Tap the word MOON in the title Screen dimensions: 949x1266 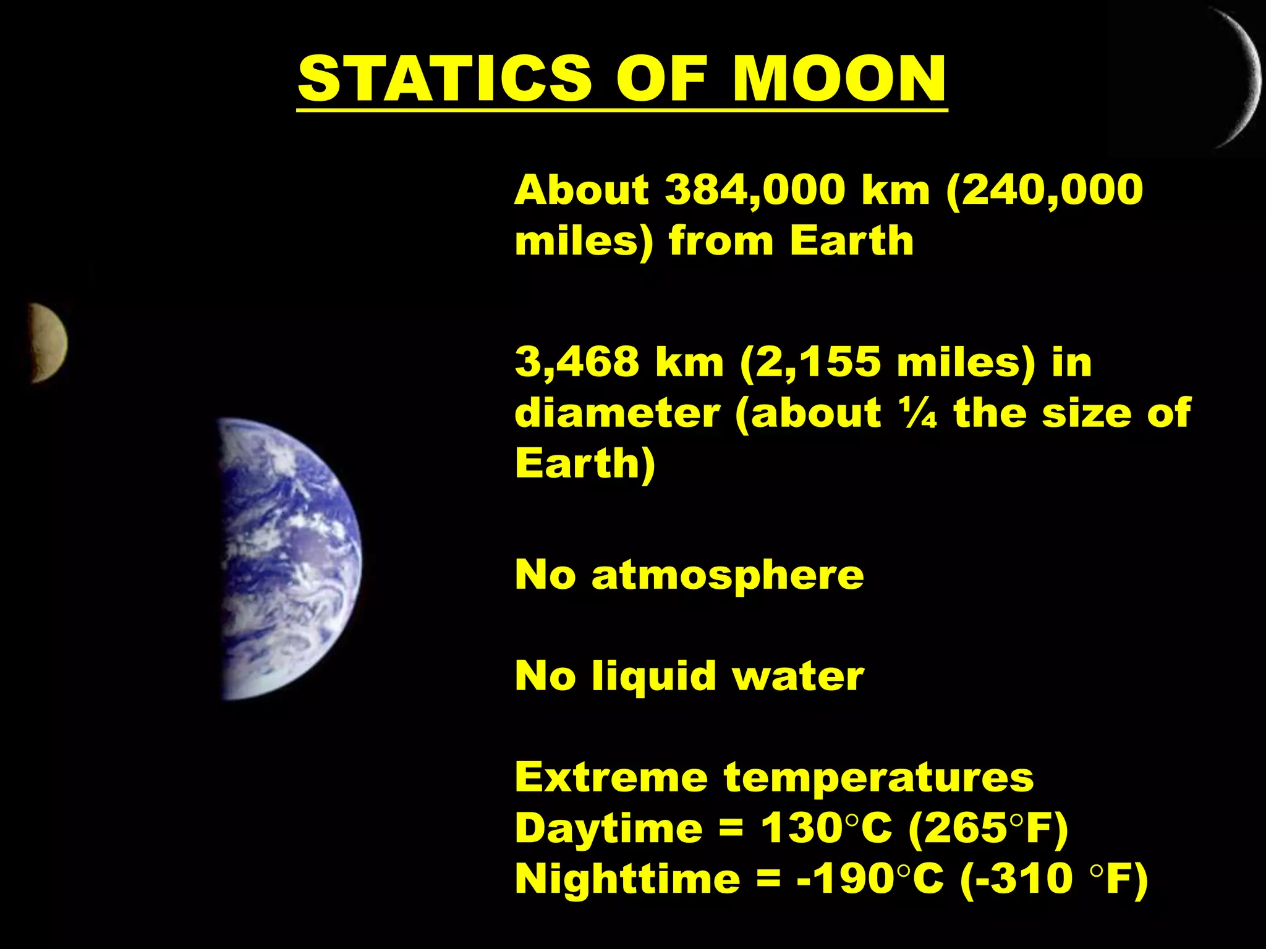[839, 78]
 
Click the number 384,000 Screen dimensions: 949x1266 [755, 190]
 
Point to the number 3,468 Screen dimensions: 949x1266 [577, 362]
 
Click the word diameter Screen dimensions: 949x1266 [618, 413]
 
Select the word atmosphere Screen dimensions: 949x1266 [728, 575]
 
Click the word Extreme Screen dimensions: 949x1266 [611, 777]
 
